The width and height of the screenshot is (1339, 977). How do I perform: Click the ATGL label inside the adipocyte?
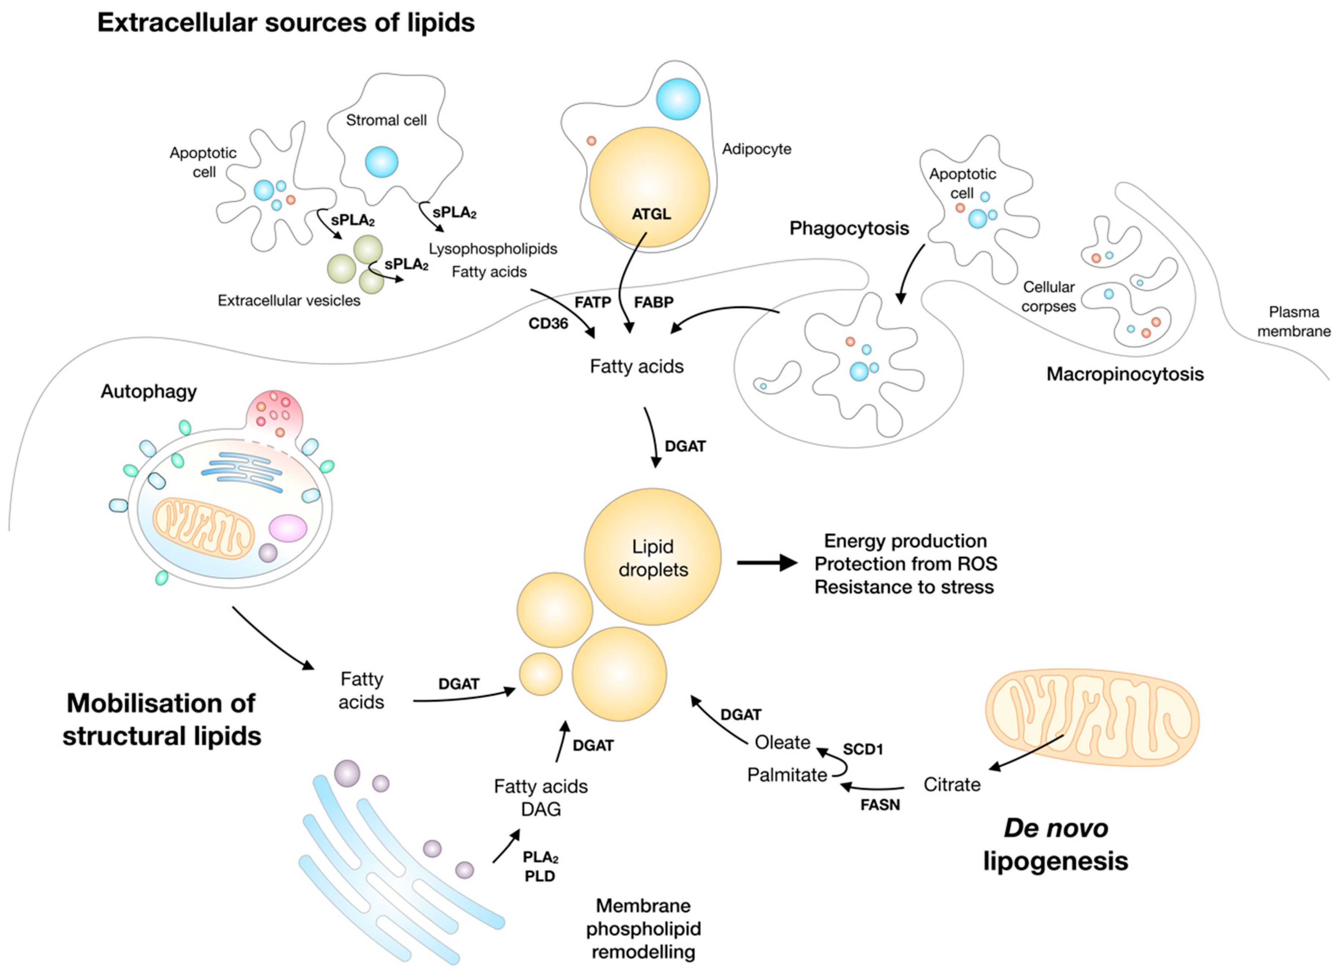pos(651,214)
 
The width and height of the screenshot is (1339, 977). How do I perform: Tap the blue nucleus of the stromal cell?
pos(381,161)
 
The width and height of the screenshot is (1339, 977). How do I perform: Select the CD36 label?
pos(548,323)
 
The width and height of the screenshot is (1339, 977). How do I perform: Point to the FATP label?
pos(593,302)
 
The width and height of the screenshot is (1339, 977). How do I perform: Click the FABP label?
pos(653,302)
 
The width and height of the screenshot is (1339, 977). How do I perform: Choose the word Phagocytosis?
pos(849,228)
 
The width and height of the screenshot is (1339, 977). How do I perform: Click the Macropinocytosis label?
pos(1125,374)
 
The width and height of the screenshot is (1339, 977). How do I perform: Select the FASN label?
pos(880,805)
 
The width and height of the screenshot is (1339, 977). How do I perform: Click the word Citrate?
pos(952,785)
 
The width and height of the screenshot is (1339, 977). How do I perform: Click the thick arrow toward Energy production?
pos(767,562)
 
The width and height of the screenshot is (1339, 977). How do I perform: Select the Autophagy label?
pos(148,392)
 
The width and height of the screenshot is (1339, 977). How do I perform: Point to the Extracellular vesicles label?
pos(289,301)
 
